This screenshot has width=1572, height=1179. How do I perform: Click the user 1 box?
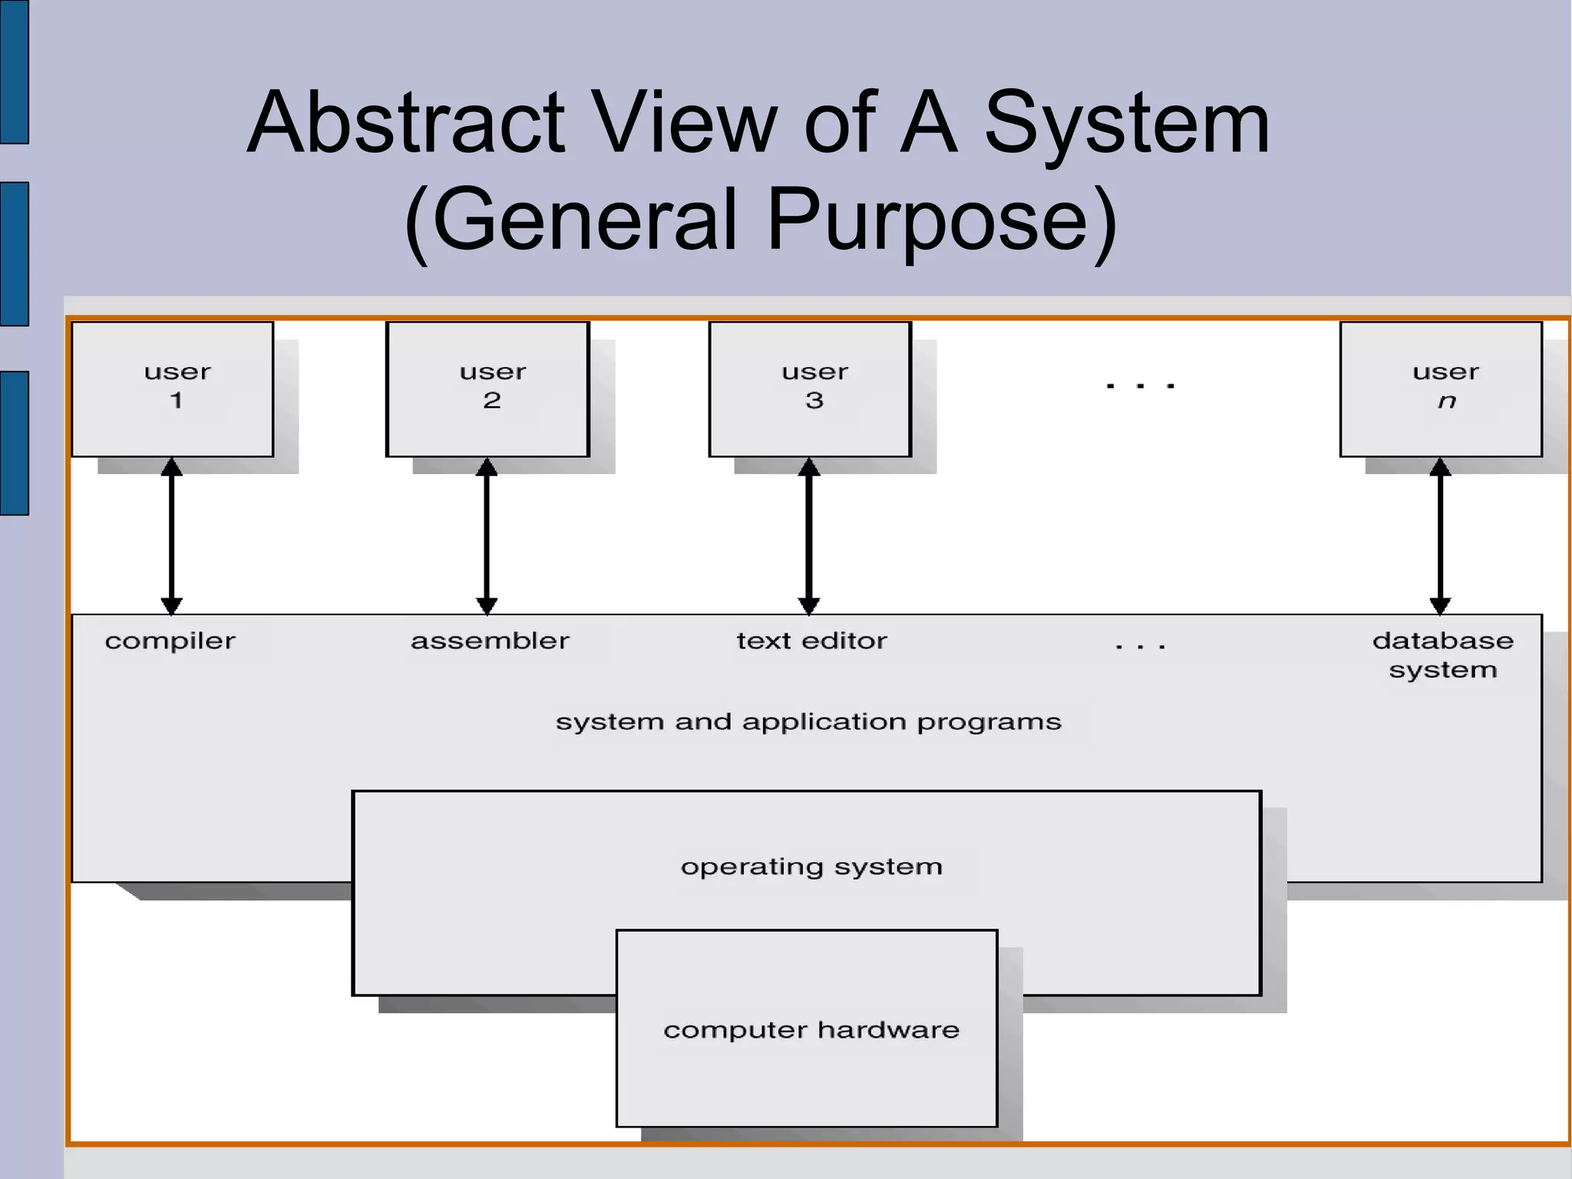tap(173, 389)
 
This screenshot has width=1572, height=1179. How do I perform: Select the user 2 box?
tap(488, 389)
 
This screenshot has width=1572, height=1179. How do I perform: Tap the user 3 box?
tap(811, 389)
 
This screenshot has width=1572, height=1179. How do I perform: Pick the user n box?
tap(1441, 389)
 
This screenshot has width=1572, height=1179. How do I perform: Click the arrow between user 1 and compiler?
tap(172, 536)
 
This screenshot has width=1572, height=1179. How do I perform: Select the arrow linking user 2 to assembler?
tap(487, 536)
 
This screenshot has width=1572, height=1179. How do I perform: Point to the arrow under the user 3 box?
tap(809, 536)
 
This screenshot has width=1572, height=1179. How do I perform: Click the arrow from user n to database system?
tap(1440, 536)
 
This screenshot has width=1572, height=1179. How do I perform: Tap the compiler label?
tap(170, 641)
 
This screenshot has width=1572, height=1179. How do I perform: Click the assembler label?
tap(490, 641)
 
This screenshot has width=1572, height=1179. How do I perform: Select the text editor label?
tap(811, 641)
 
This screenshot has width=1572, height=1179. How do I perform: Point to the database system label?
tap(1443, 654)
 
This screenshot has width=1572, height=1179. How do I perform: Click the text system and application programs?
tap(808, 722)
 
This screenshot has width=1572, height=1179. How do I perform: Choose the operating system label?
tap(811, 867)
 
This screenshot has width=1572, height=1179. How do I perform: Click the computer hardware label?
tap(811, 1030)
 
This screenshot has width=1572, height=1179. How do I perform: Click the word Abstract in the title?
tap(407, 123)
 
